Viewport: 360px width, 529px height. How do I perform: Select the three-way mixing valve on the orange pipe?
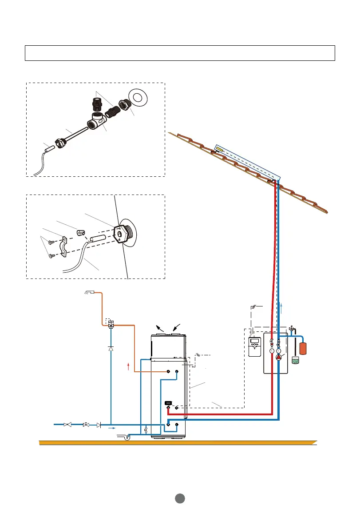pos(111,326)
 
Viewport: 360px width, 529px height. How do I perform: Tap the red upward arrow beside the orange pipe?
pos(129,366)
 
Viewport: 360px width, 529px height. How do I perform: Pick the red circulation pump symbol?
pos(278,357)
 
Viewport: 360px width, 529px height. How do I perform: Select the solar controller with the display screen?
pos(255,347)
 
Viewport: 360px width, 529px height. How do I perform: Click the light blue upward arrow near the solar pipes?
pos(282,307)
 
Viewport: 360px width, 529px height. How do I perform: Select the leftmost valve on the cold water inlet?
pos(68,425)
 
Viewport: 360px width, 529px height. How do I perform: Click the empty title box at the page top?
pos(179,52)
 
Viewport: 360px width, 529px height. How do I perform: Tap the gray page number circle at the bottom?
pos(179,499)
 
